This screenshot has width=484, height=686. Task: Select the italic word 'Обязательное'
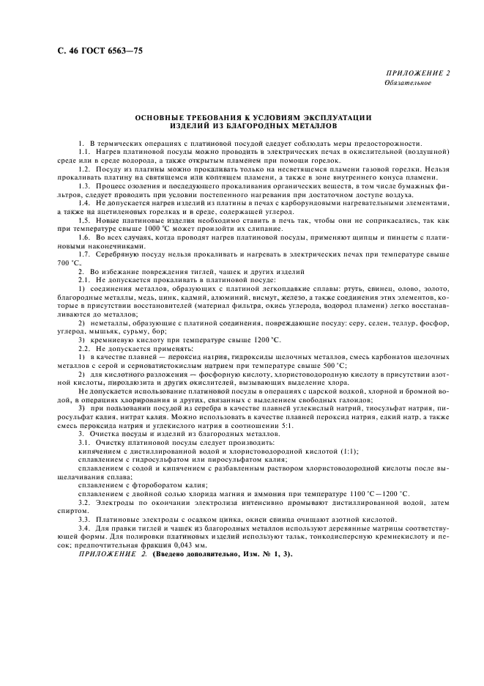click(408, 83)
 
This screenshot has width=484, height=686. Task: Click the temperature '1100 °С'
click(365, 493)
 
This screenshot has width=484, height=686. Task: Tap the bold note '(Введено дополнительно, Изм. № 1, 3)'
click(206, 554)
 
